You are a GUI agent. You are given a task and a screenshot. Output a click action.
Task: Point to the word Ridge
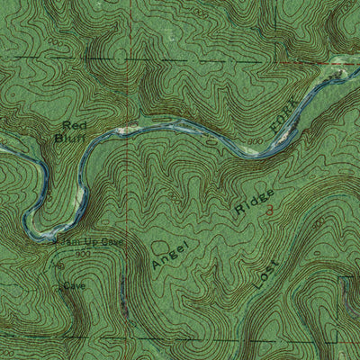click(254, 201)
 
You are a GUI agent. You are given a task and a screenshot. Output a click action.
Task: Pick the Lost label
click(265, 275)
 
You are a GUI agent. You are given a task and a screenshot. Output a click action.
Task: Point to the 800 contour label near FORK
click(256, 142)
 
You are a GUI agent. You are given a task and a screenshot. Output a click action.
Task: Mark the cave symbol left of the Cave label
click(58, 288)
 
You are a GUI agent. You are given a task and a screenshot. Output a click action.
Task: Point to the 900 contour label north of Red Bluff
click(56, 41)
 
